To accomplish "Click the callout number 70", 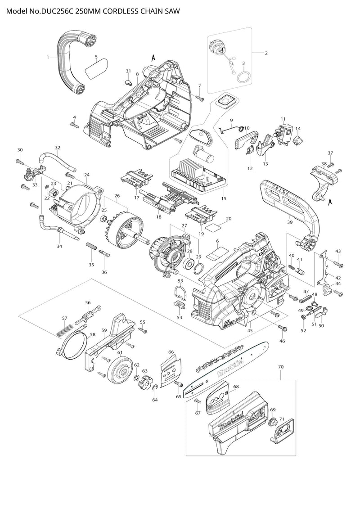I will tap(281, 367).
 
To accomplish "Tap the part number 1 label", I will tap(48, 57).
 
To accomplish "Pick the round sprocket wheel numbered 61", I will tap(120, 368).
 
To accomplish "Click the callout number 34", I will tap(59, 246).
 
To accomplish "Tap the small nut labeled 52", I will tap(303, 319).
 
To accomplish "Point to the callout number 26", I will tap(117, 196).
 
